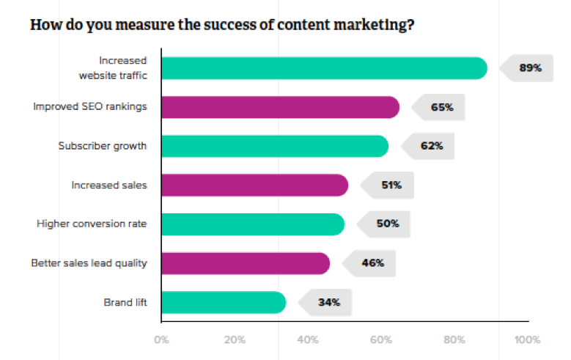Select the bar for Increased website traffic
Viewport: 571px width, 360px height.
(x=323, y=68)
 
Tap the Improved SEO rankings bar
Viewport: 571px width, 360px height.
(x=279, y=107)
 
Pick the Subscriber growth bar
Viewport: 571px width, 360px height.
(x=274, y=146)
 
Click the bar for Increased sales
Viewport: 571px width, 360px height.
(x=254, y=185)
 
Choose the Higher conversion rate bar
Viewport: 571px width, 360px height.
(x=252, y=224)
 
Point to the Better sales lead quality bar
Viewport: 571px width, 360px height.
(x=245, y=262)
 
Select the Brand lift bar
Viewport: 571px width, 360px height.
(x=223, y=301)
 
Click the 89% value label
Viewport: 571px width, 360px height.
(x=529, y=68)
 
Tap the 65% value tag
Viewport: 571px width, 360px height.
(x=441, y=107)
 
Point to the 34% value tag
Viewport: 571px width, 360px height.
(x=328, y=301)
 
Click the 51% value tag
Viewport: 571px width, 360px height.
(x=390, y=185)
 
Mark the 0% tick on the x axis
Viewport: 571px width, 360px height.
(x=161, y=339)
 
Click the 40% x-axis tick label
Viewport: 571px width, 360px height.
(x=308, y=339)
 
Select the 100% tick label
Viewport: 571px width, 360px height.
(x=527, y=339)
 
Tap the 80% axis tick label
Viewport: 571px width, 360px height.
(x=454, y=339)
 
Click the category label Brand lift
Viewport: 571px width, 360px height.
(x=126, y=301)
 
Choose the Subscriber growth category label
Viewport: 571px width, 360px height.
(x=103, y=146)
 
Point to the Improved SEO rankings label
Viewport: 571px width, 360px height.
(x=90, y=107)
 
